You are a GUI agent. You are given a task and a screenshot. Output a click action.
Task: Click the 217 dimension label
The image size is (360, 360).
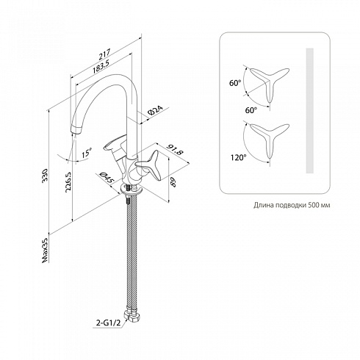105,55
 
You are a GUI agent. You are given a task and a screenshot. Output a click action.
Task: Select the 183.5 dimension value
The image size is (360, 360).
101,66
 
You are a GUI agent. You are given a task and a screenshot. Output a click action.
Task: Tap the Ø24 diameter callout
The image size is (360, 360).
155,111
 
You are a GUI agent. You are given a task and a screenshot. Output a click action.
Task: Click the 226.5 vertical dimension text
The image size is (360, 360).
68,182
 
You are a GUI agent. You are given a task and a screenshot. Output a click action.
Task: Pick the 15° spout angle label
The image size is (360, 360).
87,153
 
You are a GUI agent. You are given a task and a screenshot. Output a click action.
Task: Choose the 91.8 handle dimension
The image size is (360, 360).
175,150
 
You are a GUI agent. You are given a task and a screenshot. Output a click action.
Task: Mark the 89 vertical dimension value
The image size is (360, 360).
173,182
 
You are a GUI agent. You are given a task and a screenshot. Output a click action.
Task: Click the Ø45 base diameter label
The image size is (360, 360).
107,178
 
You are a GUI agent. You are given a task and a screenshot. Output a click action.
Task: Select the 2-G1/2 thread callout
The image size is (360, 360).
109,323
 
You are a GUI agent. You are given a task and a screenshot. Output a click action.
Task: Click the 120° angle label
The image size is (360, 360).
238,157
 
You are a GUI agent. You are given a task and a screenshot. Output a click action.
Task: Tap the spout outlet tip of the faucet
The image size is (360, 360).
76,130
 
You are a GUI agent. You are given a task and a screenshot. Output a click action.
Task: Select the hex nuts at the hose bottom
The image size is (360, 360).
132,316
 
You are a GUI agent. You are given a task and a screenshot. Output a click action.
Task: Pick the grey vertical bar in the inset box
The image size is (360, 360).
310,111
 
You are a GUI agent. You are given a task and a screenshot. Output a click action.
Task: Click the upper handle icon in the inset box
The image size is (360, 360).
269,83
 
